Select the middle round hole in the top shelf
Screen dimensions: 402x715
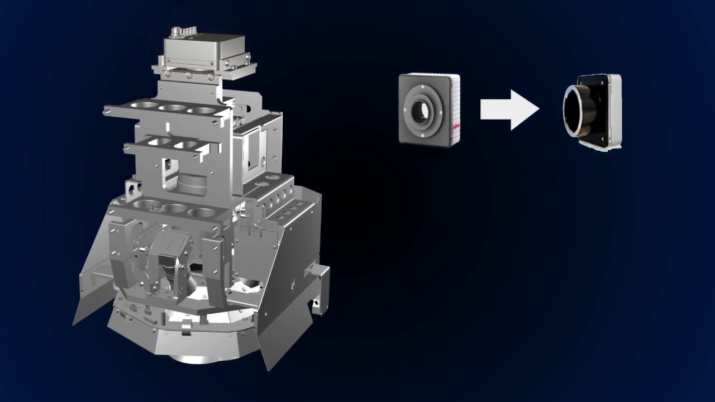[x=172, y=108]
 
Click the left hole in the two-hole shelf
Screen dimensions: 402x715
[x=159, y=142]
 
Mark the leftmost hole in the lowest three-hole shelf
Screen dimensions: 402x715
[x=144, y=204]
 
